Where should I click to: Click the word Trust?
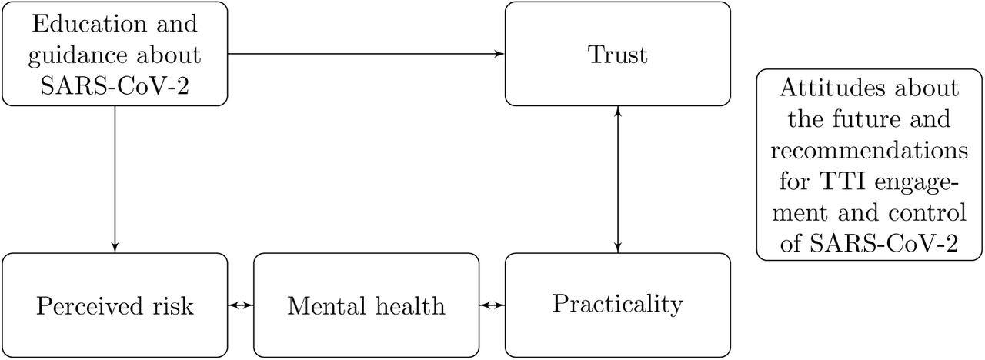click(x=617, y=55)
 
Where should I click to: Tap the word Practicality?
click(x=617, y=304)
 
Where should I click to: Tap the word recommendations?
click(x=870, y=151)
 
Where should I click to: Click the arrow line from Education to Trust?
click(x=362, y=54)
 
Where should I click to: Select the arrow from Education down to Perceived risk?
click(x=115, y=177)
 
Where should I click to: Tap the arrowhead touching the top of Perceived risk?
click(x=115, y=247)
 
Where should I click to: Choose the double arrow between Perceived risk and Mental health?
click(x=241, y=305)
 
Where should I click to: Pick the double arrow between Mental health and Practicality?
click(x=491, y=305)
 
